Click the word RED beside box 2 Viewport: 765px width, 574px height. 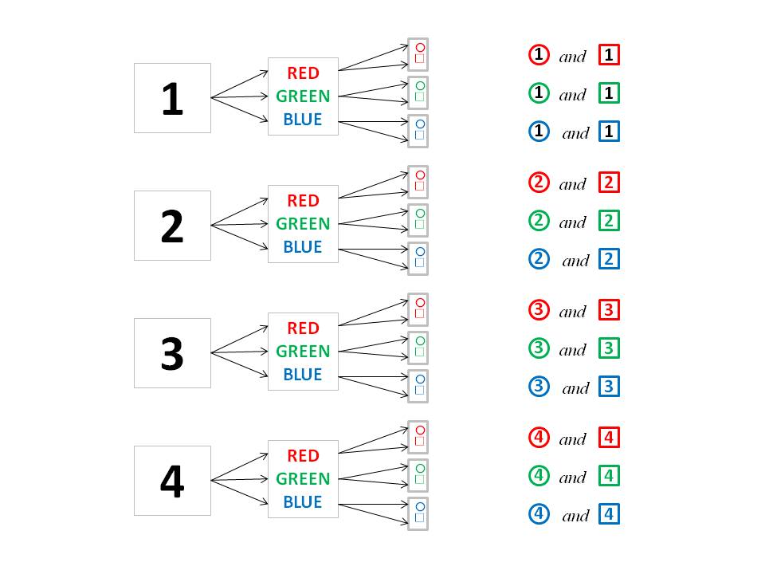click(303, 201)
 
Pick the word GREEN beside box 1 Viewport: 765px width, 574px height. click(303, 96)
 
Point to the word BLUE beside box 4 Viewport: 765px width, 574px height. click(303, 501)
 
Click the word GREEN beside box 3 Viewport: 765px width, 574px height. click(303, 352)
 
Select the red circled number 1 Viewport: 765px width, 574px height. click(539, 55)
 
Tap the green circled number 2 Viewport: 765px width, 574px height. click(539, 221)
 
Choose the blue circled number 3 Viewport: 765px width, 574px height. click(539, 387)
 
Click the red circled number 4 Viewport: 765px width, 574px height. click(539, 438)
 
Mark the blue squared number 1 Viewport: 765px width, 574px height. click(609, 132)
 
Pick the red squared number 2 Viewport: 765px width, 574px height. click(609, 183)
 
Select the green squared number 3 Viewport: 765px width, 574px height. click(609, 348)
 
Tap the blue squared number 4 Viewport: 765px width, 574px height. click(609, 514)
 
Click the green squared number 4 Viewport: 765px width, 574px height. click(609, 476)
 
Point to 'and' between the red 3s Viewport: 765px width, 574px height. click(572, 312)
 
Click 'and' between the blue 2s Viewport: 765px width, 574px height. click(575, 261)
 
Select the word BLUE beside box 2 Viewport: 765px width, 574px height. click(303, 247)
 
